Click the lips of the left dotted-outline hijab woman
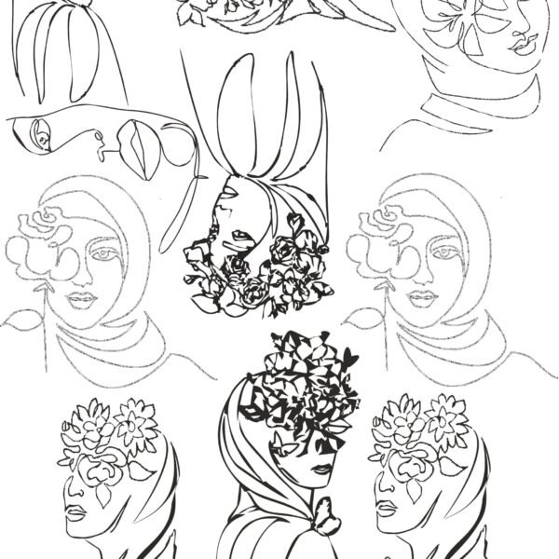pyautogui.click(x=82, y=300)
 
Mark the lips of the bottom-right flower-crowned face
pyautogui.click(x=384, y=511)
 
